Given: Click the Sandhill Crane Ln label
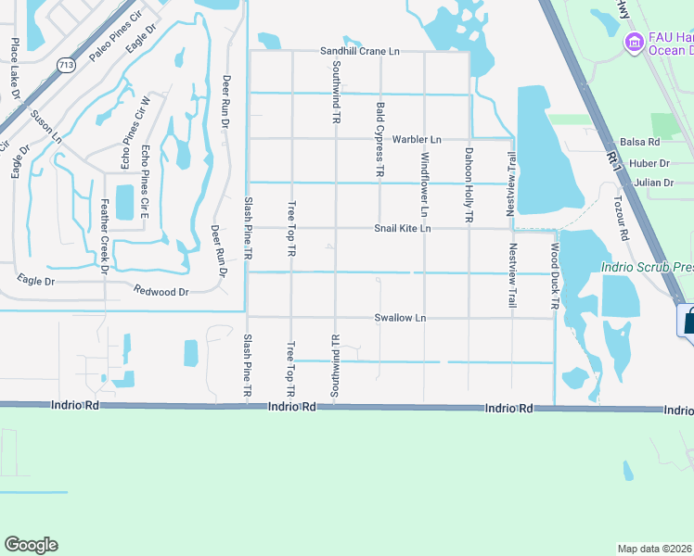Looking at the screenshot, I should (x=360, y=52).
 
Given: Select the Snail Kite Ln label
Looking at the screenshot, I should (x=403, y=228).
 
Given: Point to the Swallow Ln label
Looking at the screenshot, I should (x=400, y=318).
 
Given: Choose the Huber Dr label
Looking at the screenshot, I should (x=642, y=163).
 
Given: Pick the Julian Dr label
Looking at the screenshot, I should (x=655, y=183).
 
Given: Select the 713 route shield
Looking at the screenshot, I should (x=65, y=65).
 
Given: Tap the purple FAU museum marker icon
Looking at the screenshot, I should (x=635, y=41).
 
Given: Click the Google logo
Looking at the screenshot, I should (x=31, y=545).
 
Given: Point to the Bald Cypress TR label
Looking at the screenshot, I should (x=379, y=140).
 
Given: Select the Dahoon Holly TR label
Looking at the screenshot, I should (x=469, y=183).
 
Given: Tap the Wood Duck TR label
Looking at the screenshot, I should (x=555, y=275).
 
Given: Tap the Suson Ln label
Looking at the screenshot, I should (x=45, y=127).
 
